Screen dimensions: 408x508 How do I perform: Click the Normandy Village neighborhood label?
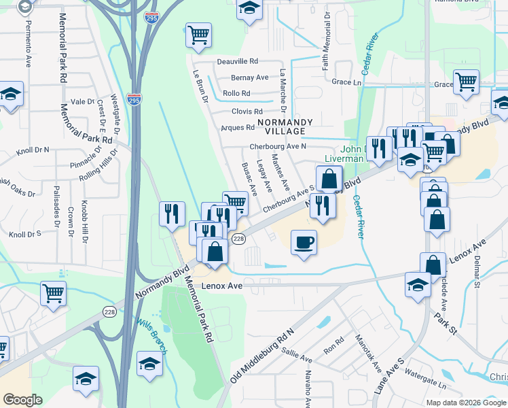click(285, 127)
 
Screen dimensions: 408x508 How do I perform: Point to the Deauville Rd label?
click(238, 61)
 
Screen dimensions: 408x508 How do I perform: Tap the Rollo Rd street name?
click(236, 93)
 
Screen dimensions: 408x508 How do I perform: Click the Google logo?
click(22, 399)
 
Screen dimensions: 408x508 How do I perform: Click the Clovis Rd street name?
click(247, 112)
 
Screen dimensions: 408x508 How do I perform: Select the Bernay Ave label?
click(249, 78)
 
